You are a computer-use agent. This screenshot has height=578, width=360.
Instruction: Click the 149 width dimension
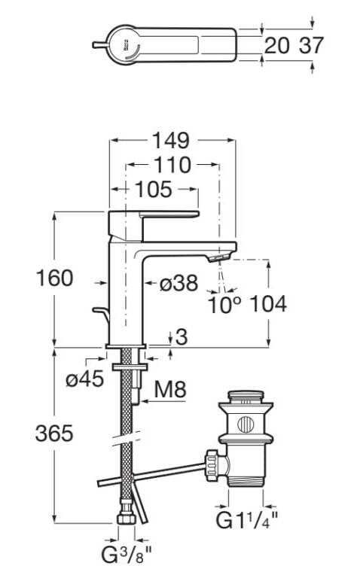[x=171, y=141]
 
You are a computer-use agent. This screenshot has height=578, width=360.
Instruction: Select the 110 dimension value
[x=172, y=165]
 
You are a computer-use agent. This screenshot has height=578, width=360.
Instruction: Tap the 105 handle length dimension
[x=154, y=190]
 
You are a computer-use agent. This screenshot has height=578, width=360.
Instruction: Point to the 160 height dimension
[x=54, y=278]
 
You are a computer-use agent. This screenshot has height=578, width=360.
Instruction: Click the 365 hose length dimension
[x=54, y=433]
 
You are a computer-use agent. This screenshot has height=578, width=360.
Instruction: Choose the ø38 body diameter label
[x=179, y=284]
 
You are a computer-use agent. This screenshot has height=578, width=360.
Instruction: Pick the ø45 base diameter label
[x=85, y=379]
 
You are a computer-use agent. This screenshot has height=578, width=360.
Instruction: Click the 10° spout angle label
[x=224, y=305]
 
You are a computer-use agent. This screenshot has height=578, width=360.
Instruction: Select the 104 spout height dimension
[x=268, y=305]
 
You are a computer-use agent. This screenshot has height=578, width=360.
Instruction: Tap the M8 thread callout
[x=170, y=389]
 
